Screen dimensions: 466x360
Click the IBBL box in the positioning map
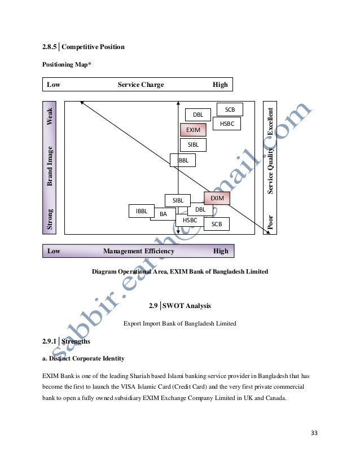click(142, 211)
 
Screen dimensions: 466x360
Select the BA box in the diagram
click(163, 214)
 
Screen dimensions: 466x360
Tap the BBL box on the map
click(183, 161)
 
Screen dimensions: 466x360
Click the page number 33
click(314, 433)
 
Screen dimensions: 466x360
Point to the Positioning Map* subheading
click(66, 65)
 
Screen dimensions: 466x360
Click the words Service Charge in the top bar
click(141, 85)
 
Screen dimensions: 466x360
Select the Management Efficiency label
click(139, 251)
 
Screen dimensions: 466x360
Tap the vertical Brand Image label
click(50, 166)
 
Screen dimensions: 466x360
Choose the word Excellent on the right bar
click(271, 121)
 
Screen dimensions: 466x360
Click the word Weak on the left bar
click(50, 116)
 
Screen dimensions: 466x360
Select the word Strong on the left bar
click(50, 219)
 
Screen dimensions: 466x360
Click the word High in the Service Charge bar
click(220, 85)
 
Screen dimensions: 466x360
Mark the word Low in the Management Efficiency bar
click(54, 251)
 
